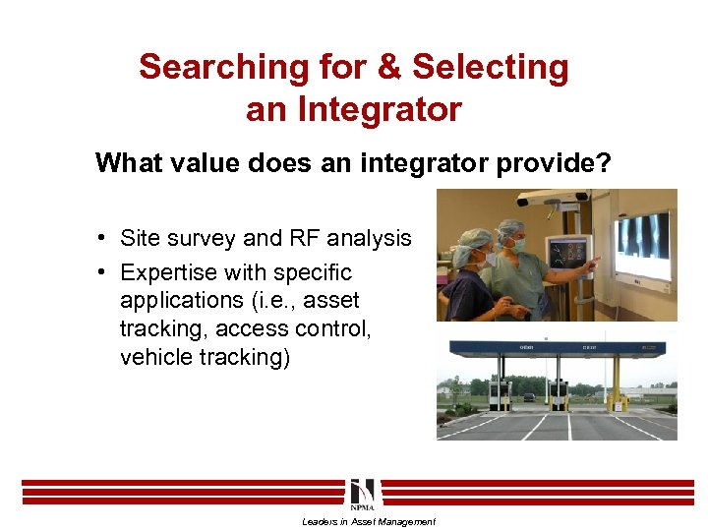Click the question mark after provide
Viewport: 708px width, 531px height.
tap(603, 162)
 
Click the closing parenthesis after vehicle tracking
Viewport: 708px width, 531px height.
tap(286, 357)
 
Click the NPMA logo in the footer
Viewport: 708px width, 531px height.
tap(361, 495)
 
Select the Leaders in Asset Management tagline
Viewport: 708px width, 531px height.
tap(368, 522)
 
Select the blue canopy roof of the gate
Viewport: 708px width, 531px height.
tap(556, 346)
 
